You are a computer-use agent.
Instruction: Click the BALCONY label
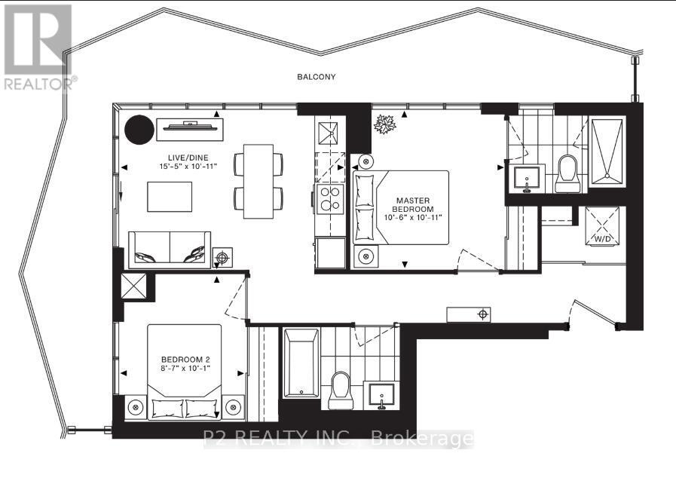pyautogui.click(x=316, y=77)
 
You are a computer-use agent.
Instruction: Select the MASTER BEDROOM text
pyautogui.click(x=414, y=204)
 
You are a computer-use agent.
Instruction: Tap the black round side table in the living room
pyautogui.click(x=138, y=130)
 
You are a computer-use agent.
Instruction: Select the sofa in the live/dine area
pyautogui.click(x=169, y=249)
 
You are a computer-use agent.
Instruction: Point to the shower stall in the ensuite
pyautogui.click(x=608, y=152)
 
